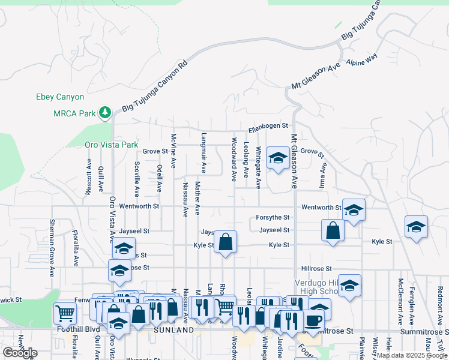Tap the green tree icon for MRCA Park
106,113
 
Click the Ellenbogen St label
268,130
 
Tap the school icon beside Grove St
277,158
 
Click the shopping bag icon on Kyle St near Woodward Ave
225,242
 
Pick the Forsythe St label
273,218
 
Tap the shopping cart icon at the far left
64,313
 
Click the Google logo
20,352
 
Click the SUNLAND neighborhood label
173,330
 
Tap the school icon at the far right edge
415,227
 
